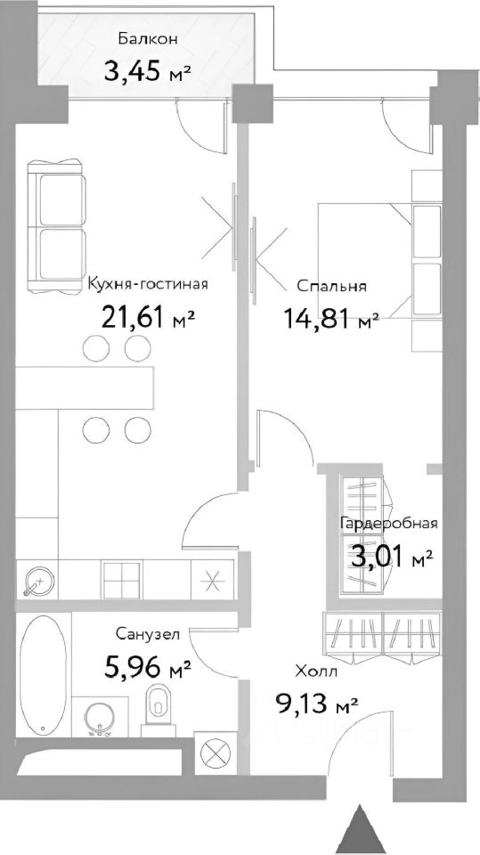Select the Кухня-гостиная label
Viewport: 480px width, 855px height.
pyautogui.click(x=148, y=285)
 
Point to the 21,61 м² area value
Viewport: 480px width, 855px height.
pyautogui.click(x=148, y=316)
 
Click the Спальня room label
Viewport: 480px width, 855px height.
pyautogui.click(x=332, y=286)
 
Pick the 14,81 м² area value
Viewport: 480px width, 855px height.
pyautogui.click(x=330, y=317)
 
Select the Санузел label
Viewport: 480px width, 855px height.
pyautogui.click(x=148, y=634)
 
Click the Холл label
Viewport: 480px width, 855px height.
pyautogui.click(x=315, y=672)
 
